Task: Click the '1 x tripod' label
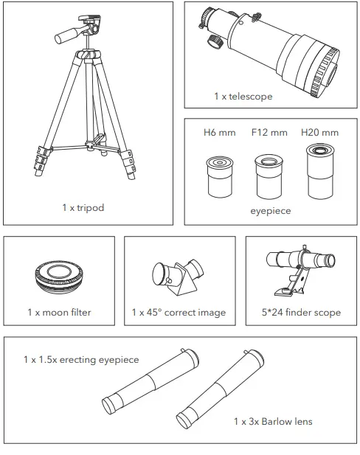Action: tap(83, 207)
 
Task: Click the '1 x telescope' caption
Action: tap(243, 97)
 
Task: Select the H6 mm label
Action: tap(218, 133)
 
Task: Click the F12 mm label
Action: tap(269, 133)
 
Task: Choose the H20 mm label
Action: tap(319, 133)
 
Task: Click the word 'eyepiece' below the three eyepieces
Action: tap(270, 210)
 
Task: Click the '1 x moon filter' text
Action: tap(59, 312)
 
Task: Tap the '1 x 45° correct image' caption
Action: tap(179, 312)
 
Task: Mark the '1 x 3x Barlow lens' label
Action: tap(272, 421)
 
